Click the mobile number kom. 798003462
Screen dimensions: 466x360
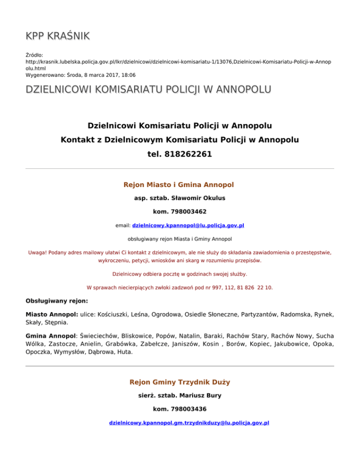pos(180,212)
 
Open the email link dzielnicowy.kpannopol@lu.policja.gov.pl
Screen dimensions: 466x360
pos(188,225)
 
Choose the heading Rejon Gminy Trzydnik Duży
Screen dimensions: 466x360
pos(180,382)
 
